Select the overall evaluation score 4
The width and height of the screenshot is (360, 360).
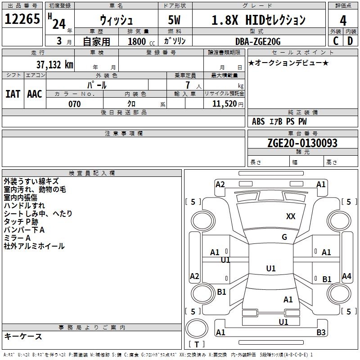coord(343,21)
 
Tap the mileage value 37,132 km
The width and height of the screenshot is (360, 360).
coord(54,65)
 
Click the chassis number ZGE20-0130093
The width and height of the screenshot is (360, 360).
coord(302,143)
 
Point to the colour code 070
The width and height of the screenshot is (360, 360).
coord(74,104)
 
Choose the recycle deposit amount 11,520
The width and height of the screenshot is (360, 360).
coord(223,104)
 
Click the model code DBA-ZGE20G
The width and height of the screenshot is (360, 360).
coord(258,41)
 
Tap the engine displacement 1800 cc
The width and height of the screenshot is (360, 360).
coord(139,42)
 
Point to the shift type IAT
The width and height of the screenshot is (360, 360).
coord(13,94)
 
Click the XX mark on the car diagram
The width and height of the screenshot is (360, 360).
coord(291,216)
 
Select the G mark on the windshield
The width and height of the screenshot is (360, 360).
coord(284,237)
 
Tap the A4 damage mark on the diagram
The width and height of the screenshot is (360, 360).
coord(346,276)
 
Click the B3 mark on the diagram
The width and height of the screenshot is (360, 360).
coord(321,333)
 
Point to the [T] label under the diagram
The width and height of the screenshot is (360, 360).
coord(197,345)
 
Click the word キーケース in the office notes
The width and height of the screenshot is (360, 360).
coord(23,336)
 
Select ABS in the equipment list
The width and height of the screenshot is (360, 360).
coord(258,121)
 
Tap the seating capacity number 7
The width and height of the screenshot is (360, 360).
coord(187,85)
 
